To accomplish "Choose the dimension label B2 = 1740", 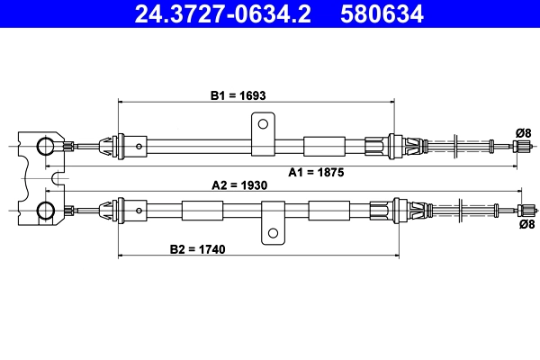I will tap(196, 247).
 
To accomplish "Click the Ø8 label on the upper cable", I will tap(523, 132).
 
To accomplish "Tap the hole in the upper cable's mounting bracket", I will tap(263, 123).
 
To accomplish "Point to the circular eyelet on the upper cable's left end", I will tap(45, 147).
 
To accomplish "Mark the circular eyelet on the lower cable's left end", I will tap(45, 211).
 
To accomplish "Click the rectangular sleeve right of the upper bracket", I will tap(324, 147).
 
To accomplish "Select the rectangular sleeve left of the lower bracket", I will tap(195, 211).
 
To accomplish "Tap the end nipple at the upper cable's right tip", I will tap(519, 147).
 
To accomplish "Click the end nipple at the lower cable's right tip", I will tap(519, 211).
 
